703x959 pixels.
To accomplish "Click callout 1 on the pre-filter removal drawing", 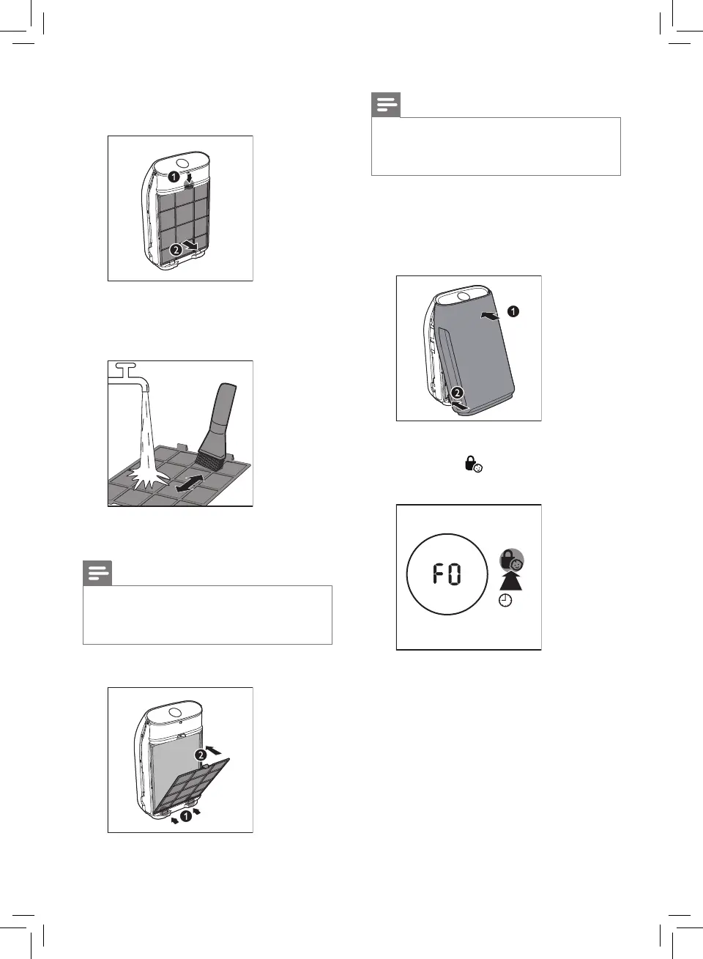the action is click(174, 177).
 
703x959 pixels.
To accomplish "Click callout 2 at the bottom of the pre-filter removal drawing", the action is click(176, 249).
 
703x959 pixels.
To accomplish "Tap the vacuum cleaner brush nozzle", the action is click(219, 425).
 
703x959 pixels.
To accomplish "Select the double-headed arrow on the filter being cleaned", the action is click(190, 483).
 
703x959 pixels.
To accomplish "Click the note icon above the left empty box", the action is click(97, 573).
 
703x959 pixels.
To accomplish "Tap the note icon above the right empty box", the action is click(386, 105).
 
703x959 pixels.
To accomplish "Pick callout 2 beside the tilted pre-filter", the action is click(201, 755).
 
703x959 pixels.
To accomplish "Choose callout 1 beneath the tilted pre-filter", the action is click(186, 815).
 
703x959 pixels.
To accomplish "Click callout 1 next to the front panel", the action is click(513, 311).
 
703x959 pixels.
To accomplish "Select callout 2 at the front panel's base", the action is click(457, 393).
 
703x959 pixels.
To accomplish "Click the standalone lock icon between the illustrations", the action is click(474, 464).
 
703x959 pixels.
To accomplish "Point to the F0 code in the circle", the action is click(447, 574).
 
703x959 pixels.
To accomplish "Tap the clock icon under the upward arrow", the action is click(505, 600).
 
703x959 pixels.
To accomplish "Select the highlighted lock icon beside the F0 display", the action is click(511, 560).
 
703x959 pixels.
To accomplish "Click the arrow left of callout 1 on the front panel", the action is click(491, 315).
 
